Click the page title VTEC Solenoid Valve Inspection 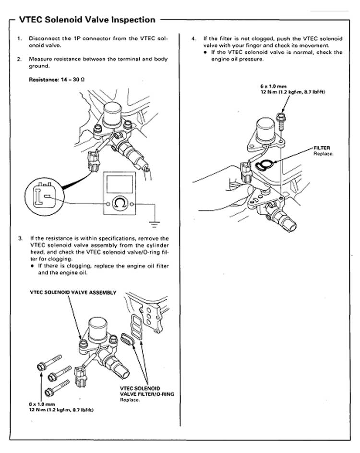click(86, 20)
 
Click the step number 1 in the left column click(19, 37)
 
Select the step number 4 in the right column click(193, 37)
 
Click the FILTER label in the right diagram click(322, 148)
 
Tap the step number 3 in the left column click(19, 238)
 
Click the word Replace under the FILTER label click(323, 153)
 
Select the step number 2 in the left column click(19, 59)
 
